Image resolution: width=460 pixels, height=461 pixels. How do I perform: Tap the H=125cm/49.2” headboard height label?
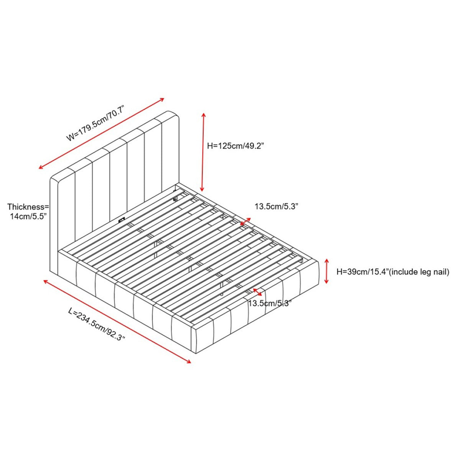236,146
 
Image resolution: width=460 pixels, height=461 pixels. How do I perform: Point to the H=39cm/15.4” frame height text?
362,272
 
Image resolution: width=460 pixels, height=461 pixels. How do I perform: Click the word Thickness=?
28,206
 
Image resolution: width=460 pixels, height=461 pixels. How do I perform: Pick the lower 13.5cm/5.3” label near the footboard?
270,303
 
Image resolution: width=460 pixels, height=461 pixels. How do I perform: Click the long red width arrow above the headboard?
101,133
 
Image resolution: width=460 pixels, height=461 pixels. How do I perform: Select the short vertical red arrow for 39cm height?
326,271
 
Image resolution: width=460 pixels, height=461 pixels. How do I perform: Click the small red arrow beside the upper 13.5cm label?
246,222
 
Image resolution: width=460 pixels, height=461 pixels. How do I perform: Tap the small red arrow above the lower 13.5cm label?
257,292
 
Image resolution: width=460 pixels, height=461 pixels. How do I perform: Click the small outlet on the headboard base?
121,219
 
